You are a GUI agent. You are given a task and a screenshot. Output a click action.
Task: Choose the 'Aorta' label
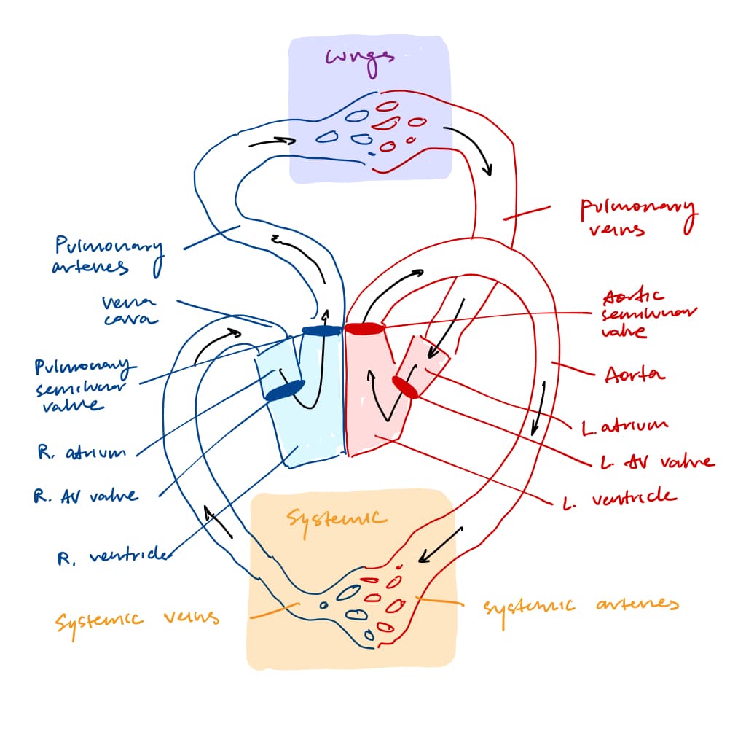tap(635, 375)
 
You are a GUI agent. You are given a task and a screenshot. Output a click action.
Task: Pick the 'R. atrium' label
tap(81, 453)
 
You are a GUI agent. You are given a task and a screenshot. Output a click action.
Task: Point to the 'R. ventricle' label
tap(112, 557)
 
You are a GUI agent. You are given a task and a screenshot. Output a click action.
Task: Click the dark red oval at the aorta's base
tap(364, 329)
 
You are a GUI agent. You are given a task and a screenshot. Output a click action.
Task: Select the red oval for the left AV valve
tap(405, 387)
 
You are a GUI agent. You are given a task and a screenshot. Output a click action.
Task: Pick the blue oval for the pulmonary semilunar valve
tap(321, 331)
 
